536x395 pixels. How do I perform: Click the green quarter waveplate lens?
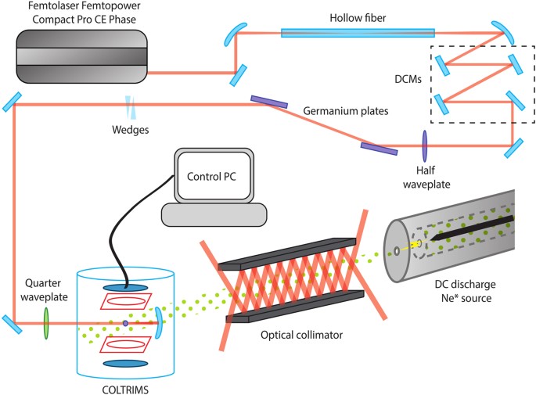tap(45, 321)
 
